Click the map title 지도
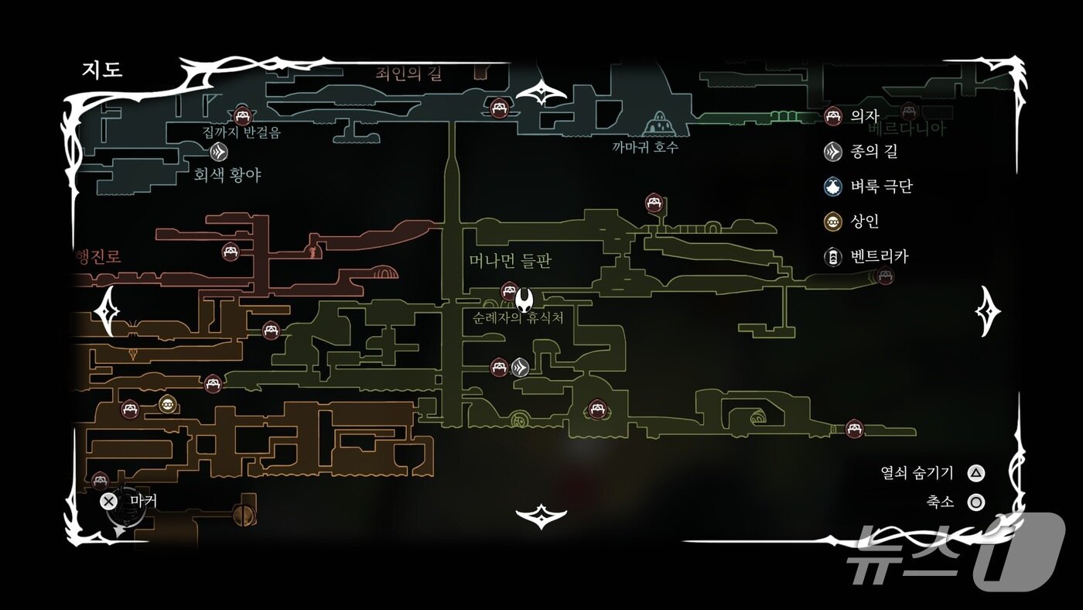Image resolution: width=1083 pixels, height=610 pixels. (102, 70)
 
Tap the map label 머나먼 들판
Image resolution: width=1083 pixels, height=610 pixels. (510, 261)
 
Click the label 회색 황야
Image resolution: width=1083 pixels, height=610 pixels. (227, 175)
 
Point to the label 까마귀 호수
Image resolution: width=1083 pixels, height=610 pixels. (644, 147)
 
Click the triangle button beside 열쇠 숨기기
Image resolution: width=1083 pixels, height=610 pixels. (977, 473)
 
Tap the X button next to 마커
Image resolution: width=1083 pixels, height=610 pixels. (109, 501)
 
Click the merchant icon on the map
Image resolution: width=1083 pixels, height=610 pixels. (167, 404)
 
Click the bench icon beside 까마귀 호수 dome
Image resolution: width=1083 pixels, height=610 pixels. (499, 107)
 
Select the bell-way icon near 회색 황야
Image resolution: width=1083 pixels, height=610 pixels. (219, 151)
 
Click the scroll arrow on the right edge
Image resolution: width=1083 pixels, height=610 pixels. (988, 311)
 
